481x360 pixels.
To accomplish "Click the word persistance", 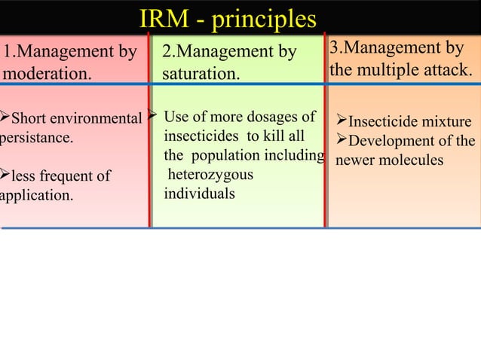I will click(36, 139).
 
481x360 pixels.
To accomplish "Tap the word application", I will click(36, 197).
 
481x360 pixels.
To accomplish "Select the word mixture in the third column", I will click(445, 123).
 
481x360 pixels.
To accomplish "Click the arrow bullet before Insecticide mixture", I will click(341, 122).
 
